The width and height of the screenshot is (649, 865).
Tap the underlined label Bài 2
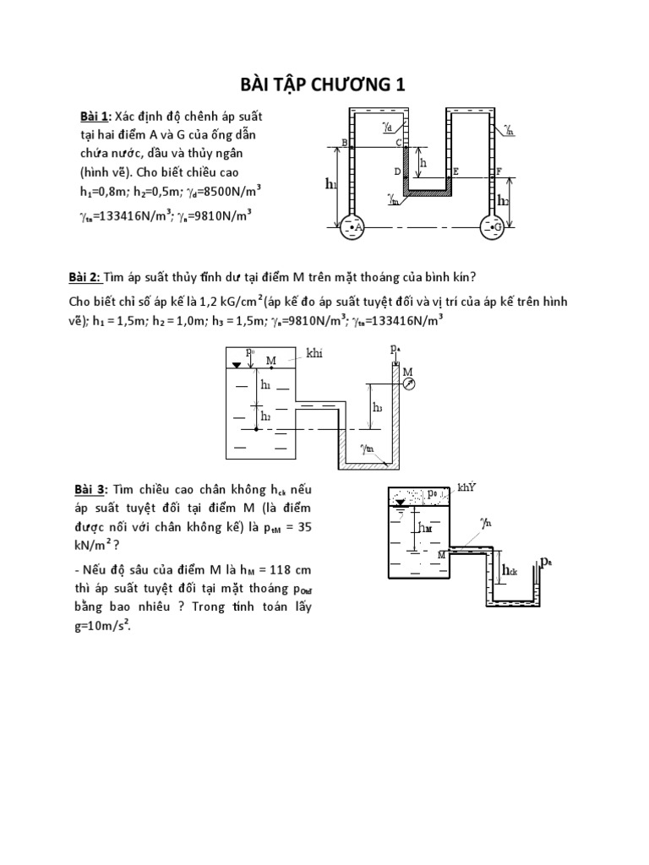pyautogui.click(x=84, y=279)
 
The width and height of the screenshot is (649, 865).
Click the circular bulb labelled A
pyautogui.click(x=351, y=228)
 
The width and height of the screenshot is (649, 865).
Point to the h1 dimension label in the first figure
pyautogui.click(x=330, y=183)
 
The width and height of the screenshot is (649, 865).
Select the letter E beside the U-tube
pyautogui.click(x=455, y=171)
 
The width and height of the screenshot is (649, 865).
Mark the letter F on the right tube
pyautogui.click(x=499, y=171)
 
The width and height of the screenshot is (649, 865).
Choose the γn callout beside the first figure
pyautogui.click(x=510, y=130)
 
